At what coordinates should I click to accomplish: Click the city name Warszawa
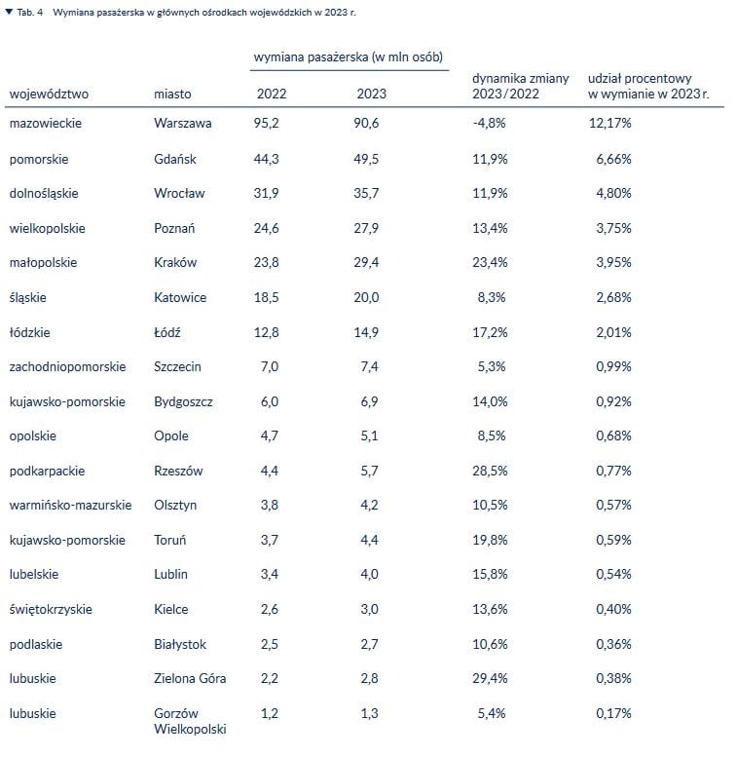coord(182,124)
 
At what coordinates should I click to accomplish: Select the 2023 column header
coord(371,95)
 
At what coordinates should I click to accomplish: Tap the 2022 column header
coord(271,95)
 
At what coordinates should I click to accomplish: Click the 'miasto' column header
coord(172,95)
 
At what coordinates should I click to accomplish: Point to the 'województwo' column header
coord(49,95)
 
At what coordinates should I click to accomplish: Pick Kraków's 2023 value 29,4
coord(366,263)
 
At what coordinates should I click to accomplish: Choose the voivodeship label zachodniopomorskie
coord(67,367)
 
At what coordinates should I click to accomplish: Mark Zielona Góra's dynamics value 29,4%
coord(488,679)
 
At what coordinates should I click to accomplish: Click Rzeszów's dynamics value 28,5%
coord(488,472)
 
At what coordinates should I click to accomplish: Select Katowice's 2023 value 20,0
coord(366,298)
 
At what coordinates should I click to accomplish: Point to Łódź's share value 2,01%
coord(613,332)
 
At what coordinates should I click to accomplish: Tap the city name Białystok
coord(180,645)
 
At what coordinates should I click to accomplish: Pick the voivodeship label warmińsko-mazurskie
coord(70,506)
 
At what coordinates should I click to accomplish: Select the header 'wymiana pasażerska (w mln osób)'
coord(349,57)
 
